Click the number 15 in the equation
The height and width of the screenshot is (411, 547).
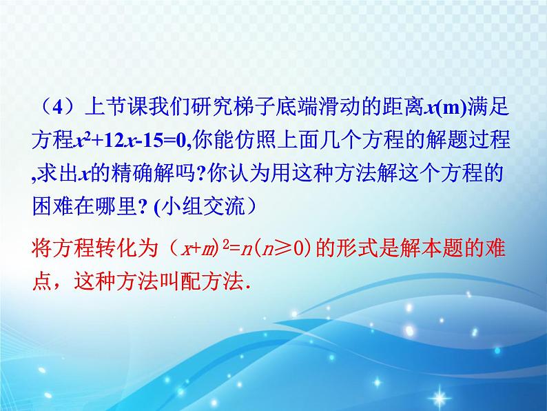151,141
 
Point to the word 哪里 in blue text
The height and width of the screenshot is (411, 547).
116,206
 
